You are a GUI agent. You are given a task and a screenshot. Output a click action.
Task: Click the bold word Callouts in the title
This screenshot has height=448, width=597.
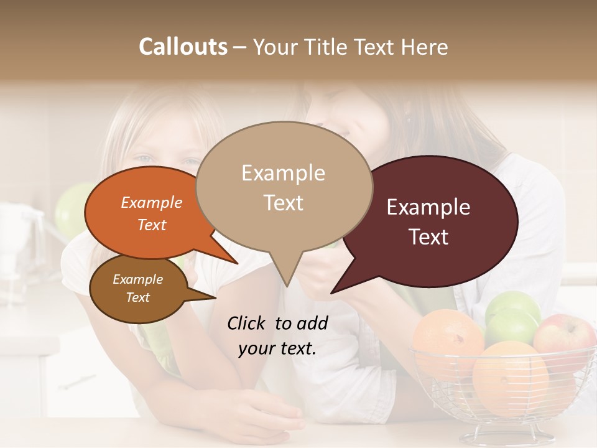183,47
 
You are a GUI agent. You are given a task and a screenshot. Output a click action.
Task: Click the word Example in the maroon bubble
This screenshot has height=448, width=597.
428,207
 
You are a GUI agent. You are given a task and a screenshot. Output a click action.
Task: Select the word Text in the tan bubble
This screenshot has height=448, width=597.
284,203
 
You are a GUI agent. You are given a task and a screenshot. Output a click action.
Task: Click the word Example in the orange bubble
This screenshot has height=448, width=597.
151,203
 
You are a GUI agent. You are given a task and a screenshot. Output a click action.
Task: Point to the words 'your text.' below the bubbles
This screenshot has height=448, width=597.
277,348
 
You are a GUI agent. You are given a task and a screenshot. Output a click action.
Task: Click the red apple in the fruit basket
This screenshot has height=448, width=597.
565,336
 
